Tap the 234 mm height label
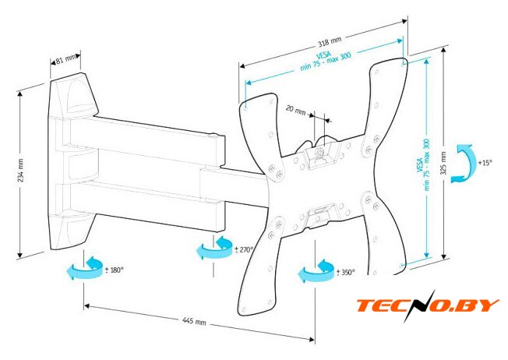pyautogui.click(x=21, y=170)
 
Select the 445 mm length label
pyautogui.click(x=194, y=321)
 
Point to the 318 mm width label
pyautogui.click(x=329, y=41)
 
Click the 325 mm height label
pyautogui.click(x=443, y=163)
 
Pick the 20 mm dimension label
pyautogui.click(x=295, y=110)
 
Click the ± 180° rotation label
pyautogui.click(x=115, y=270)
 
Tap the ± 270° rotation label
pyautogui.click(x=244, y=249)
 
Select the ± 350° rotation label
pyautogui.click(x=345, y=272)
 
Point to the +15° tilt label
pyautogui.click(x=485, y=162)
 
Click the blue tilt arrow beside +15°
pyautogui.click(x=462, y=164)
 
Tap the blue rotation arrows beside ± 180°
pyautogui.click(x=86, y=268)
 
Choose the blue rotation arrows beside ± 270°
pyautogui.click(x=214, y=248)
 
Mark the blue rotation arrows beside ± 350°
pyautogui.click(x=316, y=270)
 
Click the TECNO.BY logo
pyautogui.click(x=428, y=305)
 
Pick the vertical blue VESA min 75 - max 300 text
pyautogui.click(x=423, y=164)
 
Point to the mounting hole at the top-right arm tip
pyautogui.click(x=404, y=64)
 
